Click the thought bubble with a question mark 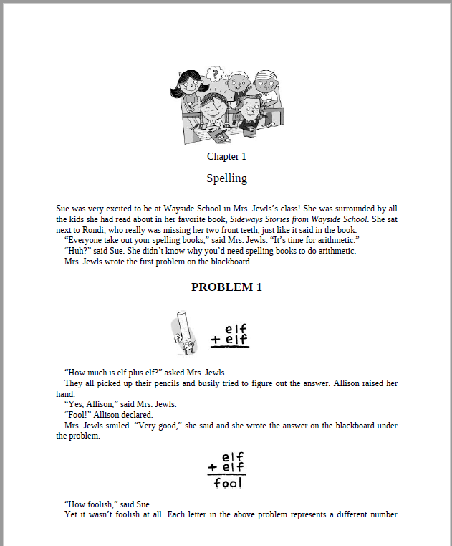tap(213, 72)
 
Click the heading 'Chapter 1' tap(226, 156)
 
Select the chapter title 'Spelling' tap(226, 178)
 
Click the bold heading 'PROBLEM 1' tap(226, 287)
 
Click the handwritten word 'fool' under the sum tap(229, 483)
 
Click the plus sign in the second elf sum tap(213, 468)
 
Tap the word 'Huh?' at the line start tap(77, 251)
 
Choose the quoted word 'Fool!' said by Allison tap(78, 415)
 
